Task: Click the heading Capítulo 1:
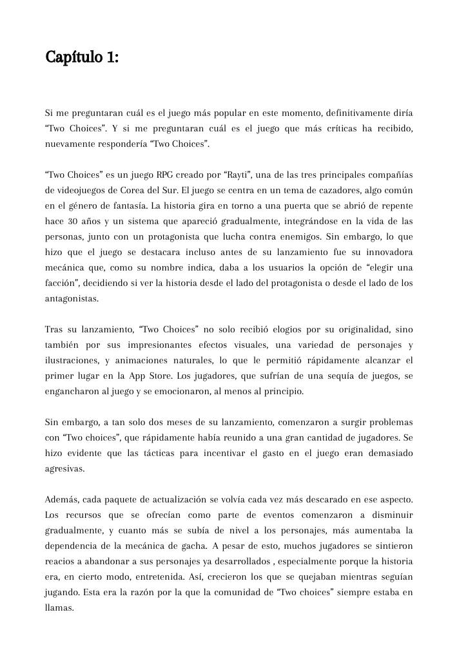tap(81, 57)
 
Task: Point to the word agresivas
tap(66, 468)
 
